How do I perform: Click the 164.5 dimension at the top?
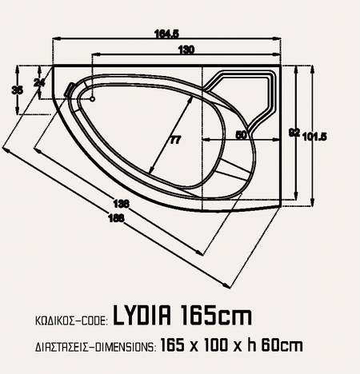[x=166, y=34]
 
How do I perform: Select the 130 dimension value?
[x=186, y=50]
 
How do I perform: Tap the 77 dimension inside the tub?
[x=175, y=140]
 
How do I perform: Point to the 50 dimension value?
[x=242, y=135]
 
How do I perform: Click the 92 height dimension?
[x=294, y=133]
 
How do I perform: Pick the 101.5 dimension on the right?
[x=315, y=137]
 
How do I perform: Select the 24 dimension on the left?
[x=39, y=82]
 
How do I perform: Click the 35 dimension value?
[x=18, y=90]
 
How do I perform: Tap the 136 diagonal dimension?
[x=122, y=204]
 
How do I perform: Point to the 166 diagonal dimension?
[x=116, y=218]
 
